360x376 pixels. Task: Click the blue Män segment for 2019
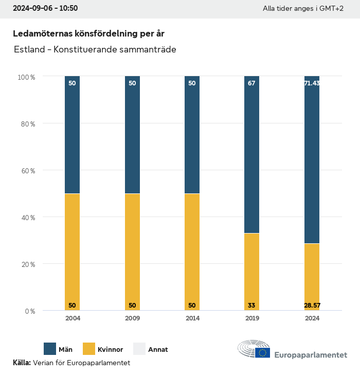click(x=251, y=154)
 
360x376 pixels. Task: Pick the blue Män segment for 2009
click(x=132, y=135)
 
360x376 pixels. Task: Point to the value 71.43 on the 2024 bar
click(x=312, y=83)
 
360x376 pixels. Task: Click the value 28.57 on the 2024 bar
click(x=312, y=306)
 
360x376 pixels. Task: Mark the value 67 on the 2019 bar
click(x=251, y=83)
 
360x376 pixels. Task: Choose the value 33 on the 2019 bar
click(x=251, y=306)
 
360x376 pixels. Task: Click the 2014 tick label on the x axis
click(x=192, y=318)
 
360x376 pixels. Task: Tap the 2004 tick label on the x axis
click(x=73, y=318)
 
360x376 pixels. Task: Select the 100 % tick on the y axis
click(x=26, y=77)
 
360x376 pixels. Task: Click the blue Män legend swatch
click(x=50, y=349)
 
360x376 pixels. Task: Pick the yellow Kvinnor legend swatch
click(x=89, y=349)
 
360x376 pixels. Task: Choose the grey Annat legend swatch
click(x=140, y=349)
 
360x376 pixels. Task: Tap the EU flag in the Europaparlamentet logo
click(x=262, y=353)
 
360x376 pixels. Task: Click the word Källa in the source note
click(x=22, y=363)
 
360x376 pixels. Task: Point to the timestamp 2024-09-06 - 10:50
click(x=45, y=8)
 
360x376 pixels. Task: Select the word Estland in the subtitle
click(x=29, y=50)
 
